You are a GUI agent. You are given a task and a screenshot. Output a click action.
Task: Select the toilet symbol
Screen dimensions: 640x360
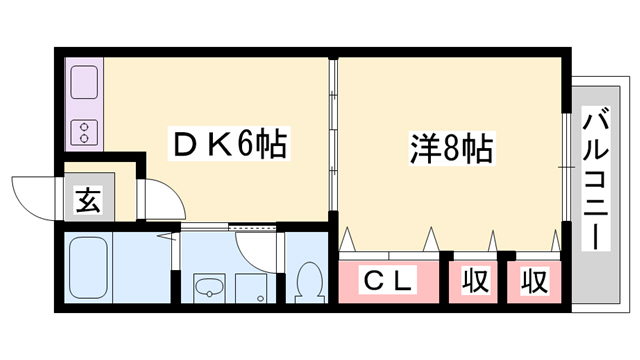click(309, 282)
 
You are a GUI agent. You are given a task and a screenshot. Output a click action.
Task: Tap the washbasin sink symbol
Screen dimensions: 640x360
click(209, 289)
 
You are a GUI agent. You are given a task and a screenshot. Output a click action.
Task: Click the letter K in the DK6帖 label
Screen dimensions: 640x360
click(215, 147)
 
